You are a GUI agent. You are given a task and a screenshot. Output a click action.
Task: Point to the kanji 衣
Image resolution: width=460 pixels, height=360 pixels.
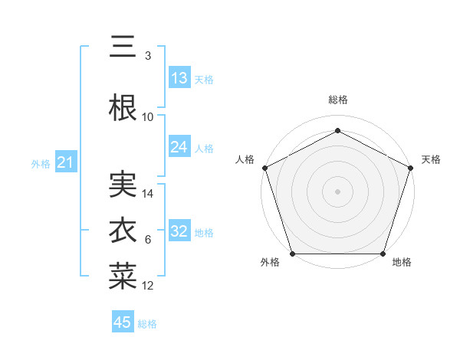tap(123, 231)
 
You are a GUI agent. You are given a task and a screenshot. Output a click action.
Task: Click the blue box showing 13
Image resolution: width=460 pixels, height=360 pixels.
tap(179, 78)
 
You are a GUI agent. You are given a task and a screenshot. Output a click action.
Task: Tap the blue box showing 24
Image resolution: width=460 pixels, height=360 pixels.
tap(179, 147)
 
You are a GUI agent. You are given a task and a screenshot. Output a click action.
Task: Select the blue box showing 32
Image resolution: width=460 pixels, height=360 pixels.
tap(179, 231)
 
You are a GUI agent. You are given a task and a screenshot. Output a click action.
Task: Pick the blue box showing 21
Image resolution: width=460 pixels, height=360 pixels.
tap(65, 162)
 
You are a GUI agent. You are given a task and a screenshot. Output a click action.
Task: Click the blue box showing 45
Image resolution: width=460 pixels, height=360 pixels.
tap(123, 322)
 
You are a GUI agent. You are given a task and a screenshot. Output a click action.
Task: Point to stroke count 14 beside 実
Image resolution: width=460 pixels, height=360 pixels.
tap(148, 194)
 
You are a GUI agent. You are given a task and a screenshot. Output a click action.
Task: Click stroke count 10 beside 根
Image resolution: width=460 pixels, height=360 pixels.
tap(148, 117)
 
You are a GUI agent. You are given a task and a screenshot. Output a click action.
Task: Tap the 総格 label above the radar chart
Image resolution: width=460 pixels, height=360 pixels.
tap(338, 100)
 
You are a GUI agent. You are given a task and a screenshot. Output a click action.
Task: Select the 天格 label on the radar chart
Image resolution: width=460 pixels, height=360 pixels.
tap(431, 159)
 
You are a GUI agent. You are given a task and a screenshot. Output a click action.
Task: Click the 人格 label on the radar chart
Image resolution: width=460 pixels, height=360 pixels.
tap(245, 159)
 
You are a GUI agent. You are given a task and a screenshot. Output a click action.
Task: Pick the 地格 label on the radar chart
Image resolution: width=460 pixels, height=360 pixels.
tap(402, 263)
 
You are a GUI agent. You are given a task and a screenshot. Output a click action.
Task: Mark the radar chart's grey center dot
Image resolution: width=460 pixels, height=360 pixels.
tap(338, 191)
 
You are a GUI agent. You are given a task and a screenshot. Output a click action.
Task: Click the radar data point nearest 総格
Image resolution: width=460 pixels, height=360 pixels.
tap(338, 129)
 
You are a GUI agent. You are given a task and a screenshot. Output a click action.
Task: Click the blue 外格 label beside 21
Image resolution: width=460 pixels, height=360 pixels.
tap(41, 163)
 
